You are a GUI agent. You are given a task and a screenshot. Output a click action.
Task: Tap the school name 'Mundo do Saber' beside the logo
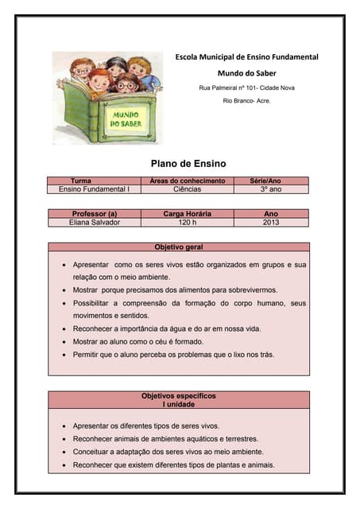point(246,72)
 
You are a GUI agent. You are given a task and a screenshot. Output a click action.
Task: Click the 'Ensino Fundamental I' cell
point(94,190)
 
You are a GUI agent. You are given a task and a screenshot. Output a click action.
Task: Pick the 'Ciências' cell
point(188,190)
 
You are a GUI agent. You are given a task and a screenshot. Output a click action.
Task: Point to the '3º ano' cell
point(271,190)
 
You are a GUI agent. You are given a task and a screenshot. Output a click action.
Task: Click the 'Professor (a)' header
point(95,214)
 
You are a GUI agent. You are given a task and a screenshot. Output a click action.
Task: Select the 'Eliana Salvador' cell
point(95,223)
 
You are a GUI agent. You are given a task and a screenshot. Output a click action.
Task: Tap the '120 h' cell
point(187,223)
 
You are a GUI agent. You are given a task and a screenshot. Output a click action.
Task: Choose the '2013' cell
point(271,223)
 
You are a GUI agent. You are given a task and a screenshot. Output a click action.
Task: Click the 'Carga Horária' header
point(187,214)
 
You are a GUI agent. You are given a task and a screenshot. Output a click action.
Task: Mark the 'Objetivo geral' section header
point(178,247)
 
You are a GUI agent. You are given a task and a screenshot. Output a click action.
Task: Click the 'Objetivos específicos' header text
point(178,395)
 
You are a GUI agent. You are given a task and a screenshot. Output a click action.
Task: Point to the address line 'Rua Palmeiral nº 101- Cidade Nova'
point(246,87)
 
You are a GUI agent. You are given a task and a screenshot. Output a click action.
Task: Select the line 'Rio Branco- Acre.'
point(246,102)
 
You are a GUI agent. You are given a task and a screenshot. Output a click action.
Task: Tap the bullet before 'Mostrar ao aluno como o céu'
point(64,342)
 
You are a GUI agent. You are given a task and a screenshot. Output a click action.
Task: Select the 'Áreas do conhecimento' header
point(188,181)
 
